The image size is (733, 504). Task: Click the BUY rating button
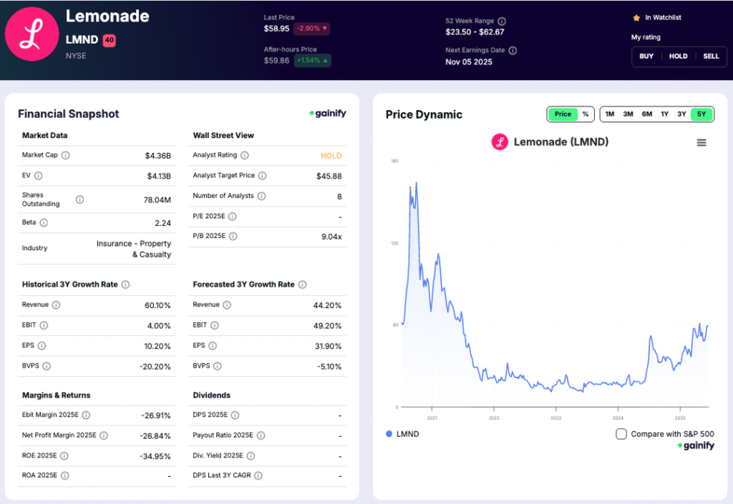[x=646, y=56]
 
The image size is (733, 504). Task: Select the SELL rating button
[x=711, y=56]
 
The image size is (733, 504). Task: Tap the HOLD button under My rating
[x=678, y=56]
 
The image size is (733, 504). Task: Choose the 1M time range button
[x=610, y=114]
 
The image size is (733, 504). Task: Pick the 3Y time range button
[x=681, y=114]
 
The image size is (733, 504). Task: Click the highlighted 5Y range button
[x=702, y=114]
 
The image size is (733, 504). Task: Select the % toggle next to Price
[x=585, y=114]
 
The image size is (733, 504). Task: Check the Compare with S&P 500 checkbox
[x=621, y=434]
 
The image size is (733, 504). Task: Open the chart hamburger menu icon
[x=702, y=143]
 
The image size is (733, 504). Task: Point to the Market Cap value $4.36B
[x=157, y=155]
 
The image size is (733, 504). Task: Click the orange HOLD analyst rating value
[x=331, y=155]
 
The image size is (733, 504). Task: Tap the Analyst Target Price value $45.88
[x=329, y=176]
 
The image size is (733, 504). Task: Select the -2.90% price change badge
[x=311, y=29]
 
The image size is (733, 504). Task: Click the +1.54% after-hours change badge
[x=311, y=61]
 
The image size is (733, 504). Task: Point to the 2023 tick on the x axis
[x=556, y=417]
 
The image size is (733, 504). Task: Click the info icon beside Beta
[x=44, y=222]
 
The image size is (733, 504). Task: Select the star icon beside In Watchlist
[x=636, y=17]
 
